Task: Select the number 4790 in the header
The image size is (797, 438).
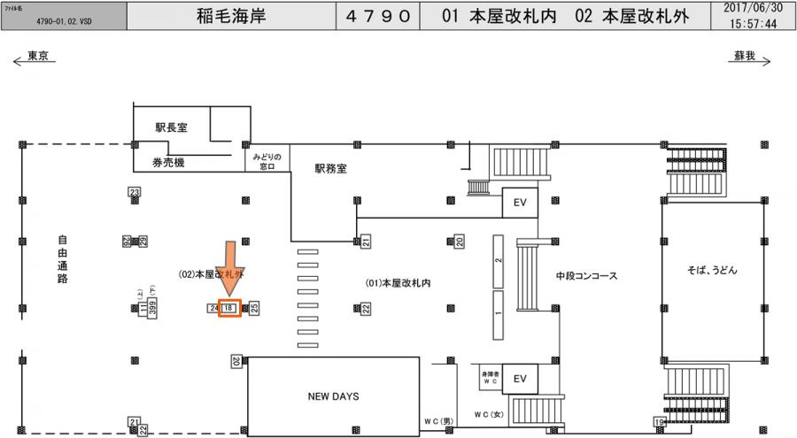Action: [376, 15]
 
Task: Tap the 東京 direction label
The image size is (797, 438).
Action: [38, 55]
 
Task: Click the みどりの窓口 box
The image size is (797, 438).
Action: [267, 160]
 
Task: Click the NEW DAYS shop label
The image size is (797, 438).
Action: [333, 396]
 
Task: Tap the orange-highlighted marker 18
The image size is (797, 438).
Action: [229, 308]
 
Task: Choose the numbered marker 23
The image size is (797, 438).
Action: [135, 192]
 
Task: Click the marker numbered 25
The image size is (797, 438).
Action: [254, 308]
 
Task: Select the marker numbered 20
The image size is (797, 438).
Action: [460, 241]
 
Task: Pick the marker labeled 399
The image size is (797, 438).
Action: [152, 308]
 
